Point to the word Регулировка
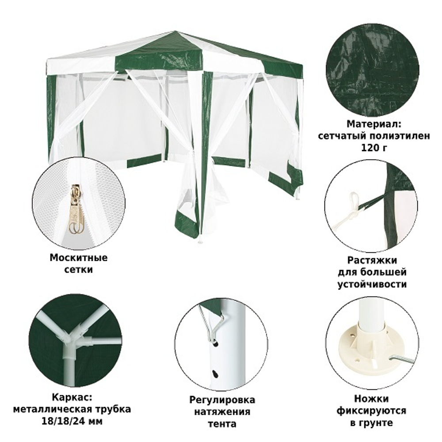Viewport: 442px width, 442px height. [222, 400]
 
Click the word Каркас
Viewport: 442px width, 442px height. [72, 397]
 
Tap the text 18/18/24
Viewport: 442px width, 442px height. [66, 421]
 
